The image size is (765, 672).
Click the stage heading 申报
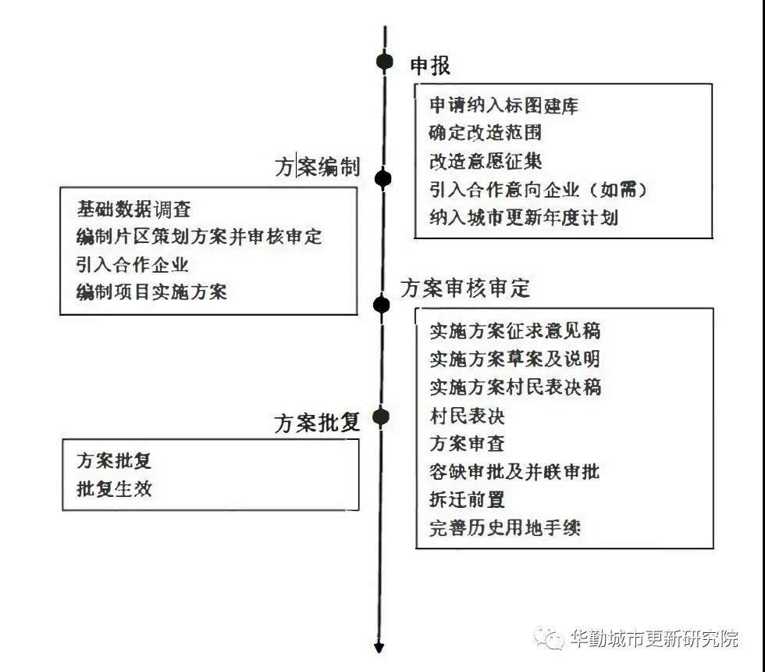pos(430,66)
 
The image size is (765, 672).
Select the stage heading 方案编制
pos(317,167)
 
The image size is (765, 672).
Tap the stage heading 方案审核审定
pos(465,288)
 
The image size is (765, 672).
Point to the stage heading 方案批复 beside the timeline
pos(317,423)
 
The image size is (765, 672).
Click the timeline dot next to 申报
pos(385,62)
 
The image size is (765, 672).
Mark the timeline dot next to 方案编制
pos(383,179)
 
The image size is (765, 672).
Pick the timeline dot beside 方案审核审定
pos(382,306)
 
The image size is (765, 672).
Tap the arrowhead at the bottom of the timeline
pos(379,648)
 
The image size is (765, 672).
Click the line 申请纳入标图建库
pos(504,105)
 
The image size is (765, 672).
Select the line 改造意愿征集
pos(486,161)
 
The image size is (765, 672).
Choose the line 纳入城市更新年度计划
pos(524,217)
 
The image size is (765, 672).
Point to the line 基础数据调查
pos(133,209)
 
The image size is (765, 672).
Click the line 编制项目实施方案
pos(151,292)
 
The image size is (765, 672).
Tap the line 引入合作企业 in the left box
pos(132,264)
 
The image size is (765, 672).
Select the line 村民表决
pos(467,416)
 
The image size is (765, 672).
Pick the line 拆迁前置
pos(467,499)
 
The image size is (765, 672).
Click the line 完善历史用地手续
pos(505,527)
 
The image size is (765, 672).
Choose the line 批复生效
pos(114,488)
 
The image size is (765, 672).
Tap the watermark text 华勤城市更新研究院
pos(654,638)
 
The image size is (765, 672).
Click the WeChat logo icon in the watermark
pos(550,638)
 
